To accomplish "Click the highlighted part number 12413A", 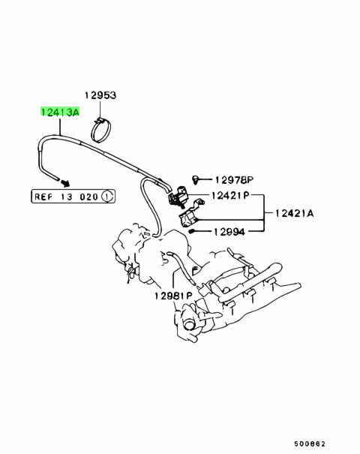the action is (x=59, y=112).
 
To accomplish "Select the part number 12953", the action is (x=100, y=95).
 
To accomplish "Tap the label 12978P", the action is (x=234, y=180).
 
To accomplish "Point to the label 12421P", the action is (x=230, y=195).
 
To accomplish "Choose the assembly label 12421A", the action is (x=294, y=214).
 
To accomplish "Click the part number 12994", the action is (x=229, y=231).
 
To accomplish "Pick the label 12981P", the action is (x=173, y=296).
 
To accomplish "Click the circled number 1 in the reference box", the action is (x=107, y=197).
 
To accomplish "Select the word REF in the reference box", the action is (x=43, y=197).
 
